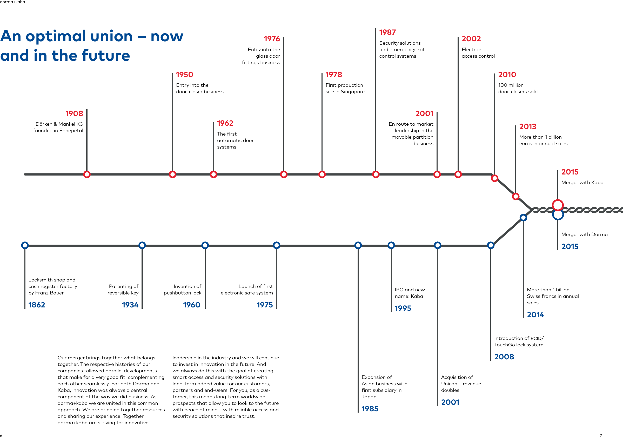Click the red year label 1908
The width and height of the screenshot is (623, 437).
pos(74,113)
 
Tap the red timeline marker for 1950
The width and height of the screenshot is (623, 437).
pos(173,174)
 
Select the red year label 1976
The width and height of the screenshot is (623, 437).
pos(272,39)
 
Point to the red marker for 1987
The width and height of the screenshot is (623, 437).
pos(376,174)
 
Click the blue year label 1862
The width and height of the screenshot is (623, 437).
pos(37,305)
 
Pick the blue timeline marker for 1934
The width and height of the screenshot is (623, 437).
pos(142,245)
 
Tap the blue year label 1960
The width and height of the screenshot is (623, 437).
pos(192,305)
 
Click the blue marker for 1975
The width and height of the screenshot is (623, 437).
pos(277,245)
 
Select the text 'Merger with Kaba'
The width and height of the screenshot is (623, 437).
pos(582,183)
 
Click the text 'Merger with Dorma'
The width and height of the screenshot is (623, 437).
pos(585,234)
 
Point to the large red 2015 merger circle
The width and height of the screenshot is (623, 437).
pos(558,205)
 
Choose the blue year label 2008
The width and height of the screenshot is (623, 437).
pos(504,357)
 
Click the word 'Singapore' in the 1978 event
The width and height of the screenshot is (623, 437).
pos(352,92)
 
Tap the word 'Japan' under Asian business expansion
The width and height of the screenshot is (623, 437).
pos(369,396)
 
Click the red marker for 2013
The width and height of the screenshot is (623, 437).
pos(516,196)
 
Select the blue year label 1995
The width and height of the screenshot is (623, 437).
pos(403,308)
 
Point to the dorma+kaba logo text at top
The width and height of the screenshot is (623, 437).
pos(12,2)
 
